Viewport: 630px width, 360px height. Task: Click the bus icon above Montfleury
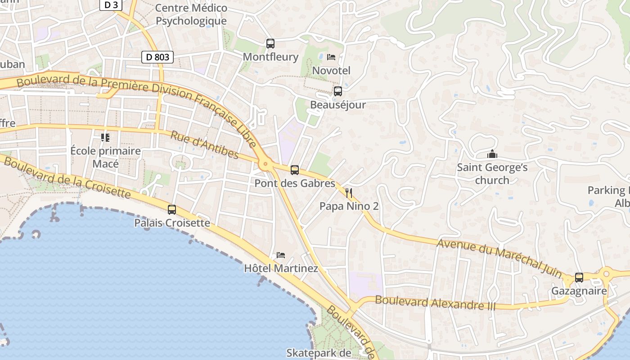tap(270, 44)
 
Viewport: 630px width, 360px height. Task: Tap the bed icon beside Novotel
tap(331, 57)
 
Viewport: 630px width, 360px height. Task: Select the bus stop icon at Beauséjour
tap(337, 91)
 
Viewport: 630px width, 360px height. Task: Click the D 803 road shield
tap(157, 57)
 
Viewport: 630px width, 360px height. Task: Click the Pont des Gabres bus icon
tap(295, 170)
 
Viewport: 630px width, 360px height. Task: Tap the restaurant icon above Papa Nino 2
tap(349, 193)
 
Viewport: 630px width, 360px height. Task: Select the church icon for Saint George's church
tap(492, 154)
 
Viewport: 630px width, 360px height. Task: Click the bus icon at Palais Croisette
tap(172, 209)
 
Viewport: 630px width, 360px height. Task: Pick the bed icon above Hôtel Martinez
tap(281, 255)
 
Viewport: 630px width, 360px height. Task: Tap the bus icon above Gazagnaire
tap(579, 278)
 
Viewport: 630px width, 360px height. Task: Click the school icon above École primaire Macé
tap(105, 137)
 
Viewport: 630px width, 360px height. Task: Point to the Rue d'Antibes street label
tap(205, 144)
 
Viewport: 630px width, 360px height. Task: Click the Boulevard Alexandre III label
tap(435, 303)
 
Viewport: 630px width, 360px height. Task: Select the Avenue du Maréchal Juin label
tap(499, 257)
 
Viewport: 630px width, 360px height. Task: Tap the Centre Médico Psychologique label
tap(191, 14)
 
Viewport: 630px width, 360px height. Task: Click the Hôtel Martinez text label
tap(281, 269)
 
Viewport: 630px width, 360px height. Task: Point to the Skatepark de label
tap(319, 353)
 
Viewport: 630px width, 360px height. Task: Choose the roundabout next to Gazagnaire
tap(606, 273)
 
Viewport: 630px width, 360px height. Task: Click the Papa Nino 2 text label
tap(349, 206)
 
